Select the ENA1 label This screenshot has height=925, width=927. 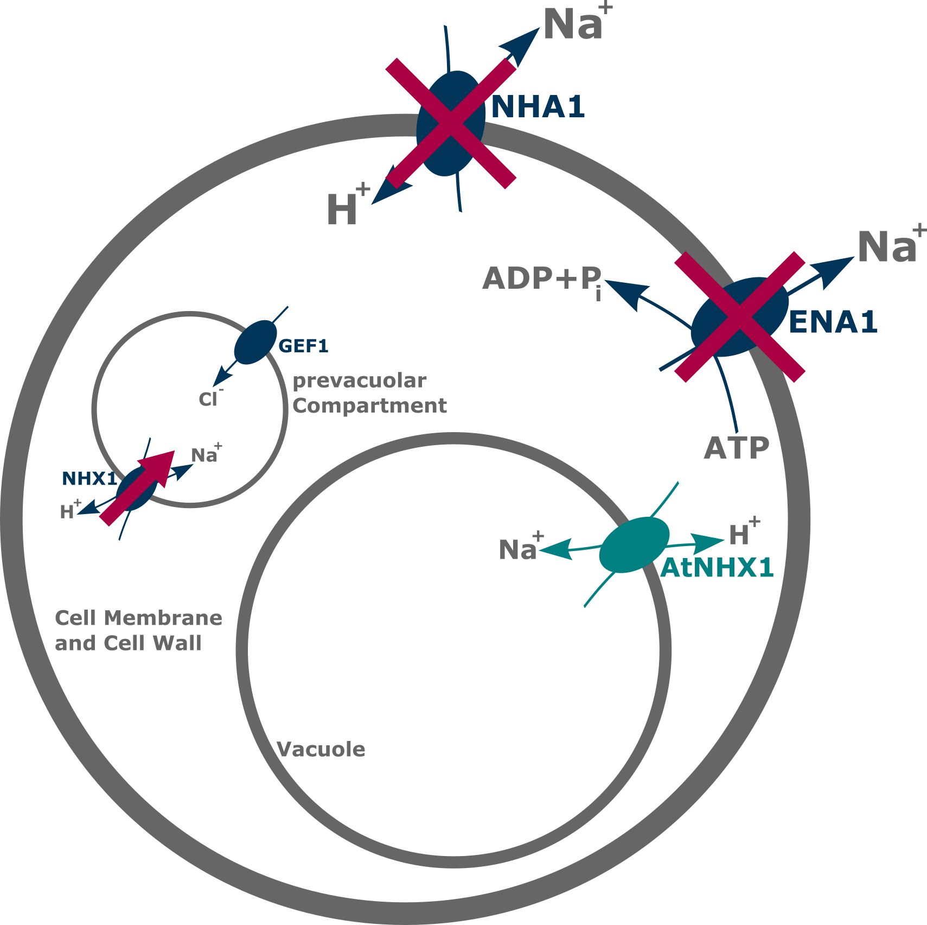(833, 322)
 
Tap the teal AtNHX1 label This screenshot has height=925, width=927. (717, 568)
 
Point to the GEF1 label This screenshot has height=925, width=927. (303, 346)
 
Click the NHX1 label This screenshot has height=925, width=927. (89, 478)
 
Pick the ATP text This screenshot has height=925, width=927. (737, 448)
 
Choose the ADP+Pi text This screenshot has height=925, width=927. (542, 279)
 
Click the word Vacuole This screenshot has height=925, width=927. (321, 750)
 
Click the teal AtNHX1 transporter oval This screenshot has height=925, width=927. (634, 545)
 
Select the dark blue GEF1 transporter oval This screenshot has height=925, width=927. (255, 341)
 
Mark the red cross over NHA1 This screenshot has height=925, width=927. (450, 124)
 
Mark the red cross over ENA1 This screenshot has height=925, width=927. (739, 317)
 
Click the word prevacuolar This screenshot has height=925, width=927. (359, 382)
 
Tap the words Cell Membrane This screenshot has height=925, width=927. (138, 618)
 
